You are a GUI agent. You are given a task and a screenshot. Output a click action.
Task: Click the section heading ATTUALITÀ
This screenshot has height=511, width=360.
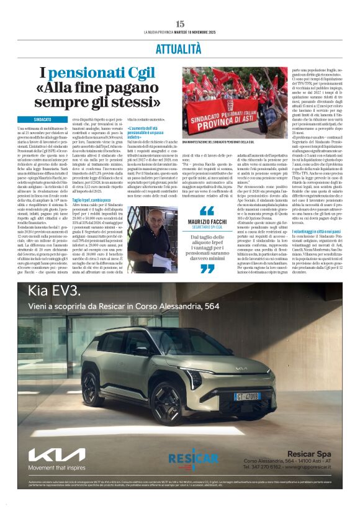[179, 48]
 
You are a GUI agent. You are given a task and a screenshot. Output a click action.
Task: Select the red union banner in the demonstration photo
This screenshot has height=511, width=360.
[241, 110]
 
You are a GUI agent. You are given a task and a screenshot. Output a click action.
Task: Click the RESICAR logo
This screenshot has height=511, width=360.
[192, 459]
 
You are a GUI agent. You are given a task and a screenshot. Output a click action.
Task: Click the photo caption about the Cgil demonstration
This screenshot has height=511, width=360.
[236, 142]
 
